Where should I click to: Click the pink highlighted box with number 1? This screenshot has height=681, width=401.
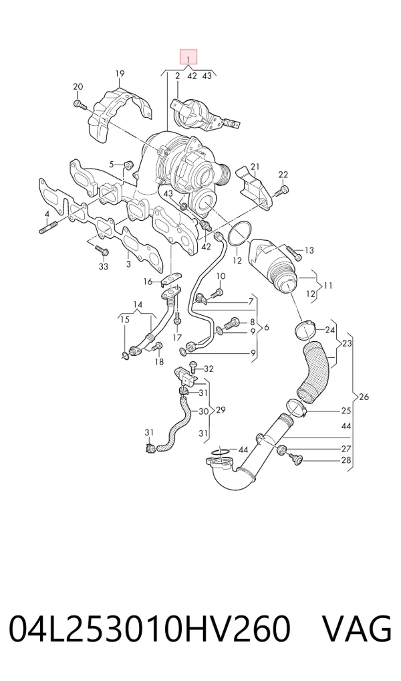coord(188,58)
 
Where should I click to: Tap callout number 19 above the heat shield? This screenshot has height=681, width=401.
coord(120,74)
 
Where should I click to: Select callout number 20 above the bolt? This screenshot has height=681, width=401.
coord(78,86)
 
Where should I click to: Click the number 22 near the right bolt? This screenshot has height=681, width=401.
coord(283,175)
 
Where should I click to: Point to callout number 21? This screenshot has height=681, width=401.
coord(255,167)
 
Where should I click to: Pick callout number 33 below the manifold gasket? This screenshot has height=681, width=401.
coord(104,266)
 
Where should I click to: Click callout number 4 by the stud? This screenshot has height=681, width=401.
coord(46,213)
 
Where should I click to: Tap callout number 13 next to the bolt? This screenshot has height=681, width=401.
coord(309,250)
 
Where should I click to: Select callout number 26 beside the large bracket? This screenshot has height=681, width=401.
coord(364,397)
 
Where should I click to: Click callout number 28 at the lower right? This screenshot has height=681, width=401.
coord(346,460)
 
